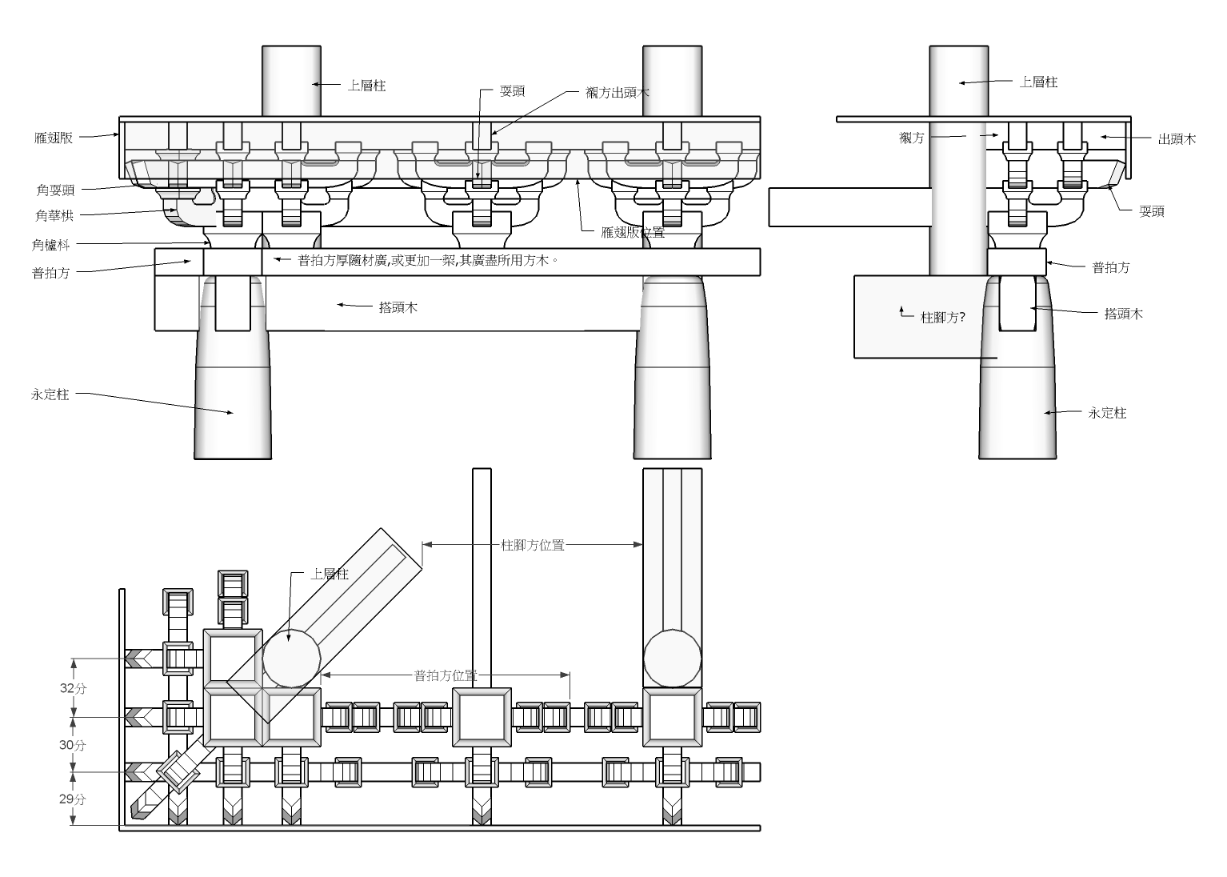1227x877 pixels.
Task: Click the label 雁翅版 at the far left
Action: (x=53, y=138)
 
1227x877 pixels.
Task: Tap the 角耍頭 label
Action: (x=55, y=190)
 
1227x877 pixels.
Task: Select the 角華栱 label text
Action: (x=54, y=215)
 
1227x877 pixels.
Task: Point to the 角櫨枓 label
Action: (x=50, y=245)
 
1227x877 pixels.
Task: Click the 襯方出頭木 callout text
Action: (x=617, y=92)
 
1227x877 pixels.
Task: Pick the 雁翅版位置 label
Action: (x=633, y=232)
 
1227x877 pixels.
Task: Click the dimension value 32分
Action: (x=73, y=688)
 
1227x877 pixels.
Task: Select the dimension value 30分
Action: (x=72, y=745)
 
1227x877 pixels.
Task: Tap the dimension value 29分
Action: (x=72, y=799)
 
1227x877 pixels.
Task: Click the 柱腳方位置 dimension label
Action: (x=533, y=545)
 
